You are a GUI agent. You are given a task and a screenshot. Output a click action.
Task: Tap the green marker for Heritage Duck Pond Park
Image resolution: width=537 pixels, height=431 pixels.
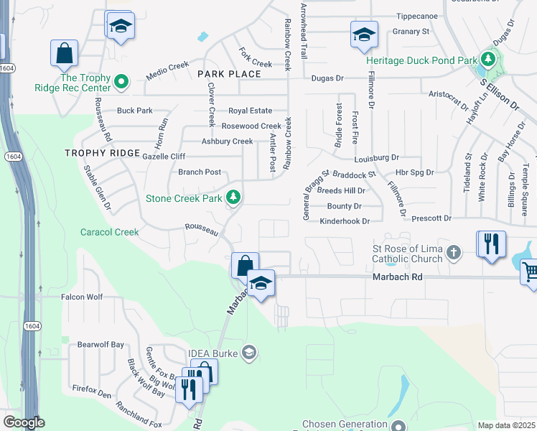(489, 58)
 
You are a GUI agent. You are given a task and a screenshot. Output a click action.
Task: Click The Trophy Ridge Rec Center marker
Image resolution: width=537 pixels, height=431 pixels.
(121, 83)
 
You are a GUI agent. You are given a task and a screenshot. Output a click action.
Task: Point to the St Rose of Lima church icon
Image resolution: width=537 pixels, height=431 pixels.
(453, 253)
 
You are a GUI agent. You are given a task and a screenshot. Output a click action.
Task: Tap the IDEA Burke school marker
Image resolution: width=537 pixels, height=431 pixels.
(248, 352)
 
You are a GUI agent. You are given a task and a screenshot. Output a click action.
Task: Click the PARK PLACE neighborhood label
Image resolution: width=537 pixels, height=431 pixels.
(225, 74)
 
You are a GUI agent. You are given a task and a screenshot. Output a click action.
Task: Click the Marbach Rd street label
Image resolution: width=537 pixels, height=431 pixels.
(396, 277)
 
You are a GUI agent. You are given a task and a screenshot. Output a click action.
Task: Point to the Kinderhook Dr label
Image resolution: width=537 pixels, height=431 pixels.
(344, 221)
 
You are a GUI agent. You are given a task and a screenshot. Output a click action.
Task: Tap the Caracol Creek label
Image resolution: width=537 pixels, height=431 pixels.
(109, 232)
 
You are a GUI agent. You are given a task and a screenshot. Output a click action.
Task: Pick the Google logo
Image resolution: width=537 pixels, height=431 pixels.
(24, 422)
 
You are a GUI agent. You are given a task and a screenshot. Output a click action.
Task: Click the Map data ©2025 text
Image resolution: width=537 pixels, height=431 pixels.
(505, 425)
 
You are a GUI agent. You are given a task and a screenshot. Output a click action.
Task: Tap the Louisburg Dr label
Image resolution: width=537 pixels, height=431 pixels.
(376, 157)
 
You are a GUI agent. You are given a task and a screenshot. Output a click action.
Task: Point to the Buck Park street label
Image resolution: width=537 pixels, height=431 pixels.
(135, 111)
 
